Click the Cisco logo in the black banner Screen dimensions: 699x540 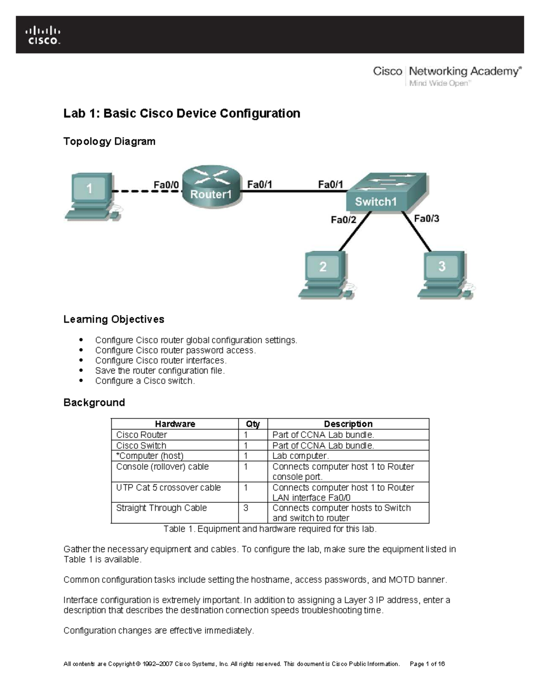pos(43,35)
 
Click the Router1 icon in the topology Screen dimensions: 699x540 pos(211,187)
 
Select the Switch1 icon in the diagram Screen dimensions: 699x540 pos(387,193)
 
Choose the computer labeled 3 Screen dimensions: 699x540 pos(443,275)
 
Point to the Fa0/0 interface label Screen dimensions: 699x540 pos(166,185)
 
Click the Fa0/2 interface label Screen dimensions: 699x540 pos(343,220)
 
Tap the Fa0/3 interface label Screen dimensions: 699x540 pos(426,219)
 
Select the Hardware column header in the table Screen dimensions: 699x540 pos(175,424)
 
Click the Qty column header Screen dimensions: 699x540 pos(252,424)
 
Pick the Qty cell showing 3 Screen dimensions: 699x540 pos(246,508)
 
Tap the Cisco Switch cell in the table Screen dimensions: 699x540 pos(141,446)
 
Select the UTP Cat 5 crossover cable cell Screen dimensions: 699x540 pos(168,487)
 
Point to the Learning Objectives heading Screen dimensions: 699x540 pos(114,320)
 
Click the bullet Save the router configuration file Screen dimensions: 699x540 pos(160,371)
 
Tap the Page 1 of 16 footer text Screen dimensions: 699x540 pos(427,664)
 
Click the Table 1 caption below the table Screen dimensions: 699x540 pos(270,529)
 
